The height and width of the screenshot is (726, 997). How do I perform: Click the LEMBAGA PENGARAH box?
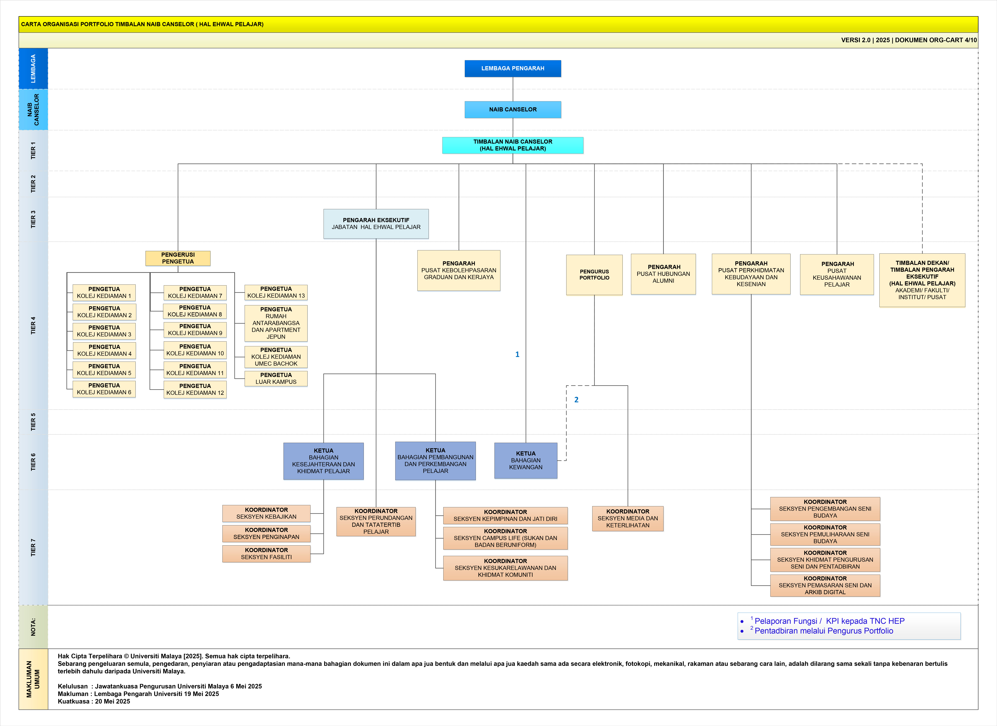[513, 69]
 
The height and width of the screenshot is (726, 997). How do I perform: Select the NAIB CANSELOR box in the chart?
[513, 109]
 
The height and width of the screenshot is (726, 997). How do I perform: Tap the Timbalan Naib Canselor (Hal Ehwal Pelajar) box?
[513, 145]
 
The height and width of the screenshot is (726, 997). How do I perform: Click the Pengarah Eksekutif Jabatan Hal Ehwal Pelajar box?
[376, 224]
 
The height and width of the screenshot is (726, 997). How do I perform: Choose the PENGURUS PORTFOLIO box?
[594, 275]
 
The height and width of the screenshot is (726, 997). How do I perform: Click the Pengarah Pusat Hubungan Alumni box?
[663, 274]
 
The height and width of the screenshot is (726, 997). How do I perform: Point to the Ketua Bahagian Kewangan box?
[526, 460]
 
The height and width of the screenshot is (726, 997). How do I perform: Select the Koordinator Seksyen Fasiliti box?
[266, 554]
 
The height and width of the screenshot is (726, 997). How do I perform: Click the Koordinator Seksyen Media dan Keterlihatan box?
[628, 518]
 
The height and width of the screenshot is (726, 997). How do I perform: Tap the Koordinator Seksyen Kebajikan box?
[266, 513]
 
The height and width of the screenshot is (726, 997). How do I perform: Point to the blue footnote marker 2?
[576, 400]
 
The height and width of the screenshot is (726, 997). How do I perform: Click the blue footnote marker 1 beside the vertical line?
[517, 354]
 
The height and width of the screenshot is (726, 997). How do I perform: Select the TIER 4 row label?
[33, 325]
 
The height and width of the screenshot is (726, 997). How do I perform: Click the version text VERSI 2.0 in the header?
[855, 40]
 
